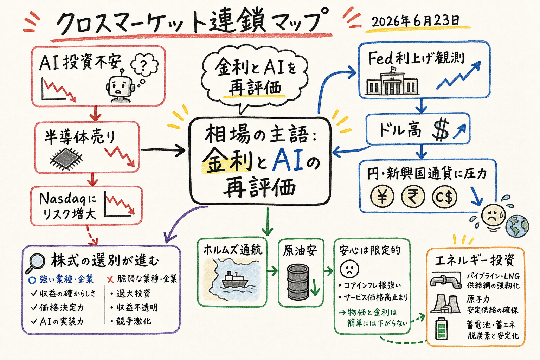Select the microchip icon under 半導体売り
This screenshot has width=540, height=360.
tap(66, 159)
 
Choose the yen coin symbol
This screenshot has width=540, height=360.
tap(382, 197)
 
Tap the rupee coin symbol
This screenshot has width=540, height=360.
tap(413, 197)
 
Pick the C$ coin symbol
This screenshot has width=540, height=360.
tap(444, 197)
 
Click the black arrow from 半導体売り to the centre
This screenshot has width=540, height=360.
tap(163, 150)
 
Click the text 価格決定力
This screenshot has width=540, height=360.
tap(62, 308)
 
